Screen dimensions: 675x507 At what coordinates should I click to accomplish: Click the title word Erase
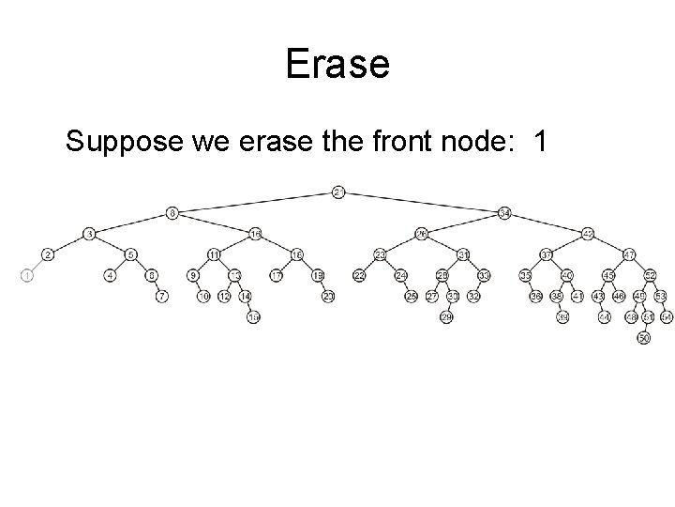pos(337,65)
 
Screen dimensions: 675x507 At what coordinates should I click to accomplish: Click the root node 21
pos(338,192)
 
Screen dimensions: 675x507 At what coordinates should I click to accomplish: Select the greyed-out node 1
pos(26,275)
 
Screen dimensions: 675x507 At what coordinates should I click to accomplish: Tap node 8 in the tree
pos(172,212)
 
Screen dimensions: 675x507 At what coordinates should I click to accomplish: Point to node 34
pos(504,212)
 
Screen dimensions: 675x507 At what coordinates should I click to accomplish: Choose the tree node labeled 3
pos(89,233)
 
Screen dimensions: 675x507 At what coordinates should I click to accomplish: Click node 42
pos(588,233)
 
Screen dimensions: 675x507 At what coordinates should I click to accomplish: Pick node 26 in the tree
pos(422,233)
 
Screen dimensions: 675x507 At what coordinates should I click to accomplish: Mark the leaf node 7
pos(162,297)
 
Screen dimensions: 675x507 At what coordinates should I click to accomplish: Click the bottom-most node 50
pos(643,338)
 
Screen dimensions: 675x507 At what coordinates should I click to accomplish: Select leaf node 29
pos(446,318)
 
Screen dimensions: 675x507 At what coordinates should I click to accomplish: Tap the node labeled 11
pos(214,254)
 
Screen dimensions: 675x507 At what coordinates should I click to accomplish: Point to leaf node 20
pos(328,297)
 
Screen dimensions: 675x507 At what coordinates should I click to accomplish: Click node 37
pos(547,254)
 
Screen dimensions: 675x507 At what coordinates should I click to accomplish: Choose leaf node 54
pos(667,318)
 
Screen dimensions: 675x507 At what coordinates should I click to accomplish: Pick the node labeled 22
pos(359,275)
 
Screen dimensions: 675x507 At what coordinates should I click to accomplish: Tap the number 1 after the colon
pos(539,143)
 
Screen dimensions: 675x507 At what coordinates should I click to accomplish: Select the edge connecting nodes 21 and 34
pos(422,203)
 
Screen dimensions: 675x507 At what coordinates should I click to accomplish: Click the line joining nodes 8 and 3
pos(131,223)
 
